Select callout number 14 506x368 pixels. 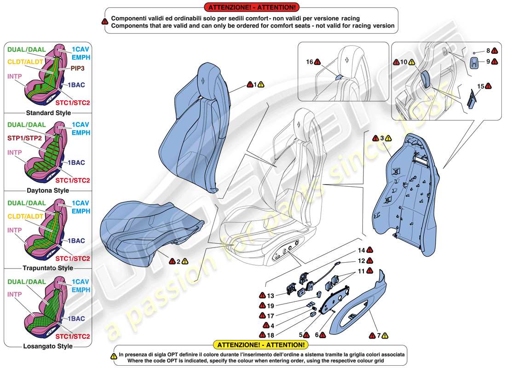coord(362,250)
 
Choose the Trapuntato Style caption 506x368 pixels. coord(48,268)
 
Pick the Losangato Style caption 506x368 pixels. coord(48,346)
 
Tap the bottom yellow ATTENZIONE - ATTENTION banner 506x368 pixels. coord(259,345)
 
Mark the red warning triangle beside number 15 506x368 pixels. coord(488,86)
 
